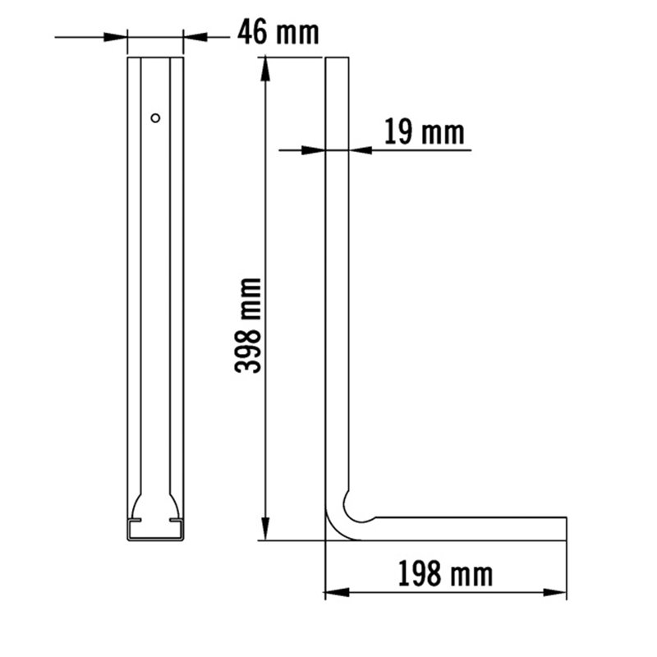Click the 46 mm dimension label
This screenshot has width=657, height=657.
(x=278, y=33)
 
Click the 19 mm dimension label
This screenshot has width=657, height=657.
(x=424, y=131)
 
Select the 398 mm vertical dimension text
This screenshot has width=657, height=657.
(x=248, y=325)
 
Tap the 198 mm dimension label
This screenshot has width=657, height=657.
(x=445, y=573)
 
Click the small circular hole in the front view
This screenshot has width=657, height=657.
(x=155, y=118)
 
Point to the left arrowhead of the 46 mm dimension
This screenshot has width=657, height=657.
(x=115, y=37)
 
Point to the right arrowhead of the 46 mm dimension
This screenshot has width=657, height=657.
(x=195, y=37)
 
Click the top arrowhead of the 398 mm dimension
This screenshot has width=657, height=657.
(x=264, y=69)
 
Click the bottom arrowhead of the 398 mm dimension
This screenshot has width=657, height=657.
(x=264, y=528)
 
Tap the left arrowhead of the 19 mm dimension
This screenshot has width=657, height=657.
(x=314, y=150)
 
